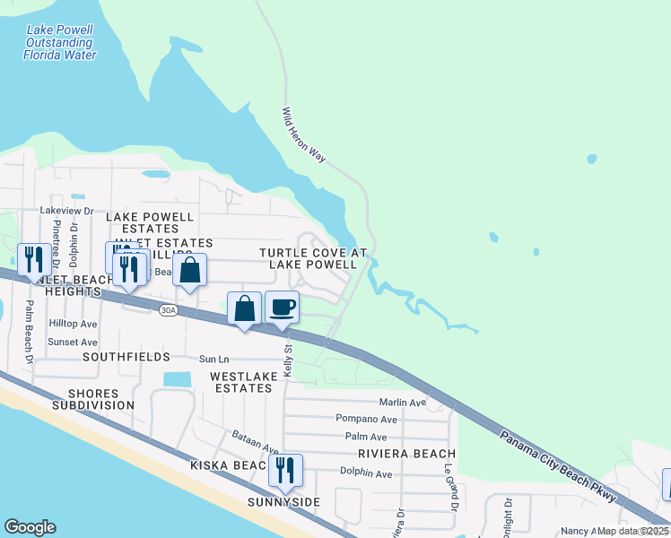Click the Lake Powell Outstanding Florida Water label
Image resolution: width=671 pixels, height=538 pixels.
(x=59, y=42)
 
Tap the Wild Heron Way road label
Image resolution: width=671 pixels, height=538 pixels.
(x=302, y=134)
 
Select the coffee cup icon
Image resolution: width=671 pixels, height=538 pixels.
(x=282, y=308)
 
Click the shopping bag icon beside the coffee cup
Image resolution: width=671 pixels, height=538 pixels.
(x=244, y=308)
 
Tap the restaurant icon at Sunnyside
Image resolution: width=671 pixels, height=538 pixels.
(x=285, y=470)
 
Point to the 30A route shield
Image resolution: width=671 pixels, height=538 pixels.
(x=168, y=310)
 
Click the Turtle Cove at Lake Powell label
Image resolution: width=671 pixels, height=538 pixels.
(x=314, y=258)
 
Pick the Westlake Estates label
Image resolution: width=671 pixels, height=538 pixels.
(x=241, y=382)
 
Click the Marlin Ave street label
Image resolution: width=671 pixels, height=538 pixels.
(x=402, y=403)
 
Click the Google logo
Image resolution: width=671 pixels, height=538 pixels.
(x=30, y=527)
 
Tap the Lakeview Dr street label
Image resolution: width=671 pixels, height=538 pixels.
(x=66, y=210)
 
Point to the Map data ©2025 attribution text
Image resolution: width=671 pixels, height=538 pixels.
(x=632, y=531)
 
